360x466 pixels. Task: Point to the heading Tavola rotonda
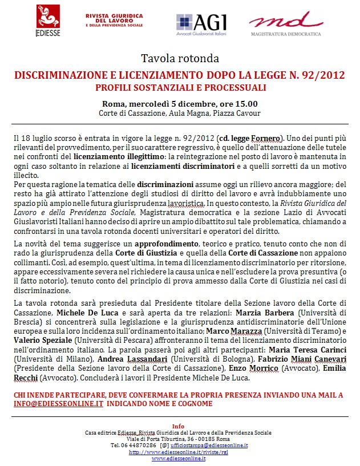180,58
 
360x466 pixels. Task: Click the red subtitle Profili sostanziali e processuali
180,88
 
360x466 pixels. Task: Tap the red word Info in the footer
179,425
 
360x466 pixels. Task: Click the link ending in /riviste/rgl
179,452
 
